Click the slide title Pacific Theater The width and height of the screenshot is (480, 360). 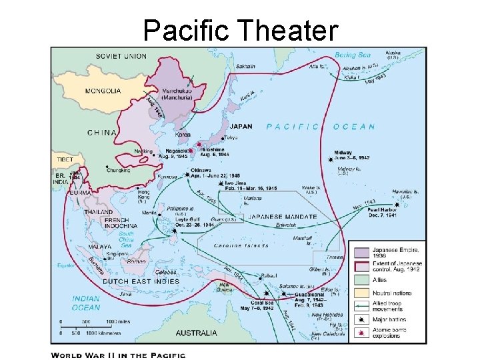[x=240, y=29]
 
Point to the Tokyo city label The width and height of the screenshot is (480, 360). [x=231, y=137]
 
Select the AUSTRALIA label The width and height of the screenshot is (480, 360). [x=197, y=333]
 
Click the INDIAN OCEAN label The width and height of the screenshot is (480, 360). [x=86, y=303]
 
